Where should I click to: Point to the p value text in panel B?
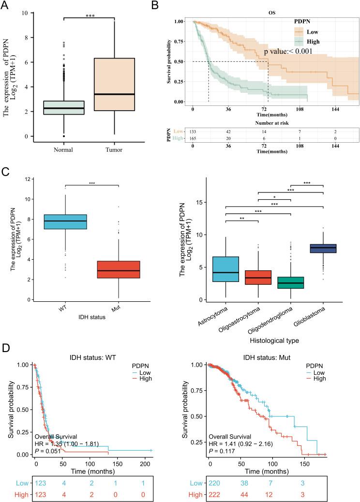coord(288,51)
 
